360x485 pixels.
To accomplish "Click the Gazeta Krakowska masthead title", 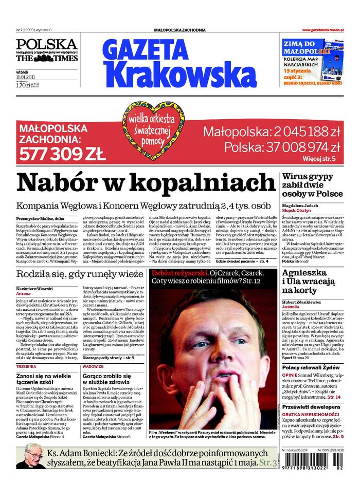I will pyautogui.click(x=172, y=64).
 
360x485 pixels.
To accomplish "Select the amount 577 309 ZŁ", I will pyautogui.click(x=62, y=153).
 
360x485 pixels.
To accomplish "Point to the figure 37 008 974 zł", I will pyautogui.click(x=283, y=147).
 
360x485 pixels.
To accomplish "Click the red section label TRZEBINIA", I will pyautogui.click(x=26, y=367).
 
